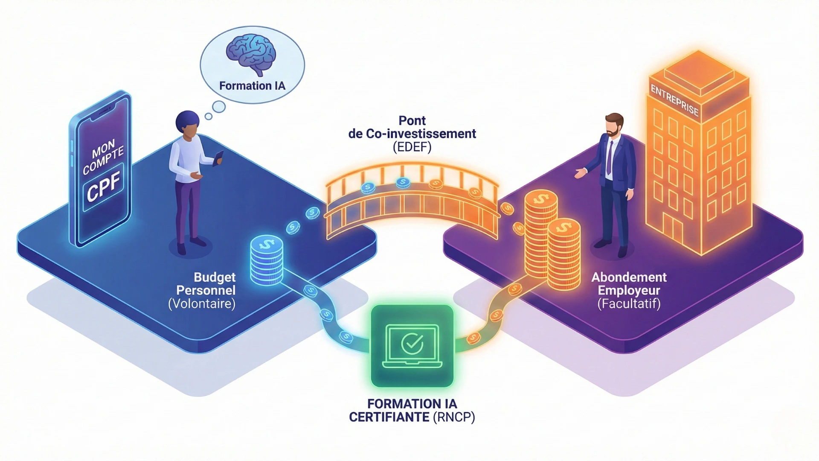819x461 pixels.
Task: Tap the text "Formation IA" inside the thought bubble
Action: coord(252,86)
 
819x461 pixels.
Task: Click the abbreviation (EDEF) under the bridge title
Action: coord(412,147)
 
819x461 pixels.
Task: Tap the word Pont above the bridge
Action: coord(412,120)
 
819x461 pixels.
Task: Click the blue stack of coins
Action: coord(267,260)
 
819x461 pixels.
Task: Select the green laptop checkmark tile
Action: coord(412,346)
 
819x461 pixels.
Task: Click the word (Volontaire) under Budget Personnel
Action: coord(202,304)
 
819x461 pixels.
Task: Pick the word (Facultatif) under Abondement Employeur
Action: coord(629,304)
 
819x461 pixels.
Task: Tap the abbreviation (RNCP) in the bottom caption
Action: coord(454,417)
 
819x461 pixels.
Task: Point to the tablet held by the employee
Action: coord(219,158)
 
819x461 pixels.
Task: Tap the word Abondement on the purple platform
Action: coord(629,277)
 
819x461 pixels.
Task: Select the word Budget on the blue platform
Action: coord(215,277)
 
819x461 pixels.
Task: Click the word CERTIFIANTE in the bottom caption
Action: coord(389,417)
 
